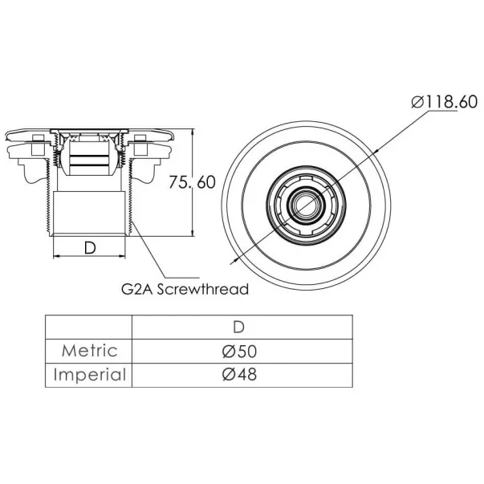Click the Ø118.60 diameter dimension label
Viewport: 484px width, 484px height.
coord(444,102)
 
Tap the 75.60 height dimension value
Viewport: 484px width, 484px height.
coord(192,182)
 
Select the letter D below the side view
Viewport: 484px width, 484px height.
coord(90,247)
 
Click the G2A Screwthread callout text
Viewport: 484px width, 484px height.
coord(185,289)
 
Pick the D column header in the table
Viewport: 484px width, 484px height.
coord(239,327)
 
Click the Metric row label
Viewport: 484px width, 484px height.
coord(90,351)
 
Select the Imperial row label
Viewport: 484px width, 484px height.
coord(90,375)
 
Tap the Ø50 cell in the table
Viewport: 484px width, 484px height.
coord(239,352)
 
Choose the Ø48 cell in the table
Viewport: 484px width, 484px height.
coord(239,374)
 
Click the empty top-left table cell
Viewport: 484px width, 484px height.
coord(88,327)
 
